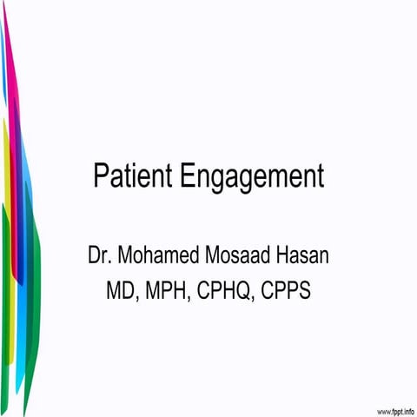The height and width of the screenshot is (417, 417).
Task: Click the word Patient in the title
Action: click(x=135, y=175)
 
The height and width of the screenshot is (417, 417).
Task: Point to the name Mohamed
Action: click(x=161, y=256)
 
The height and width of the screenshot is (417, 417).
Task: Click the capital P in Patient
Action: click(x=100, y=175)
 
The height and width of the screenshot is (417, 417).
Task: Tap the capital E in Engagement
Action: click(x=190, y=175)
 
